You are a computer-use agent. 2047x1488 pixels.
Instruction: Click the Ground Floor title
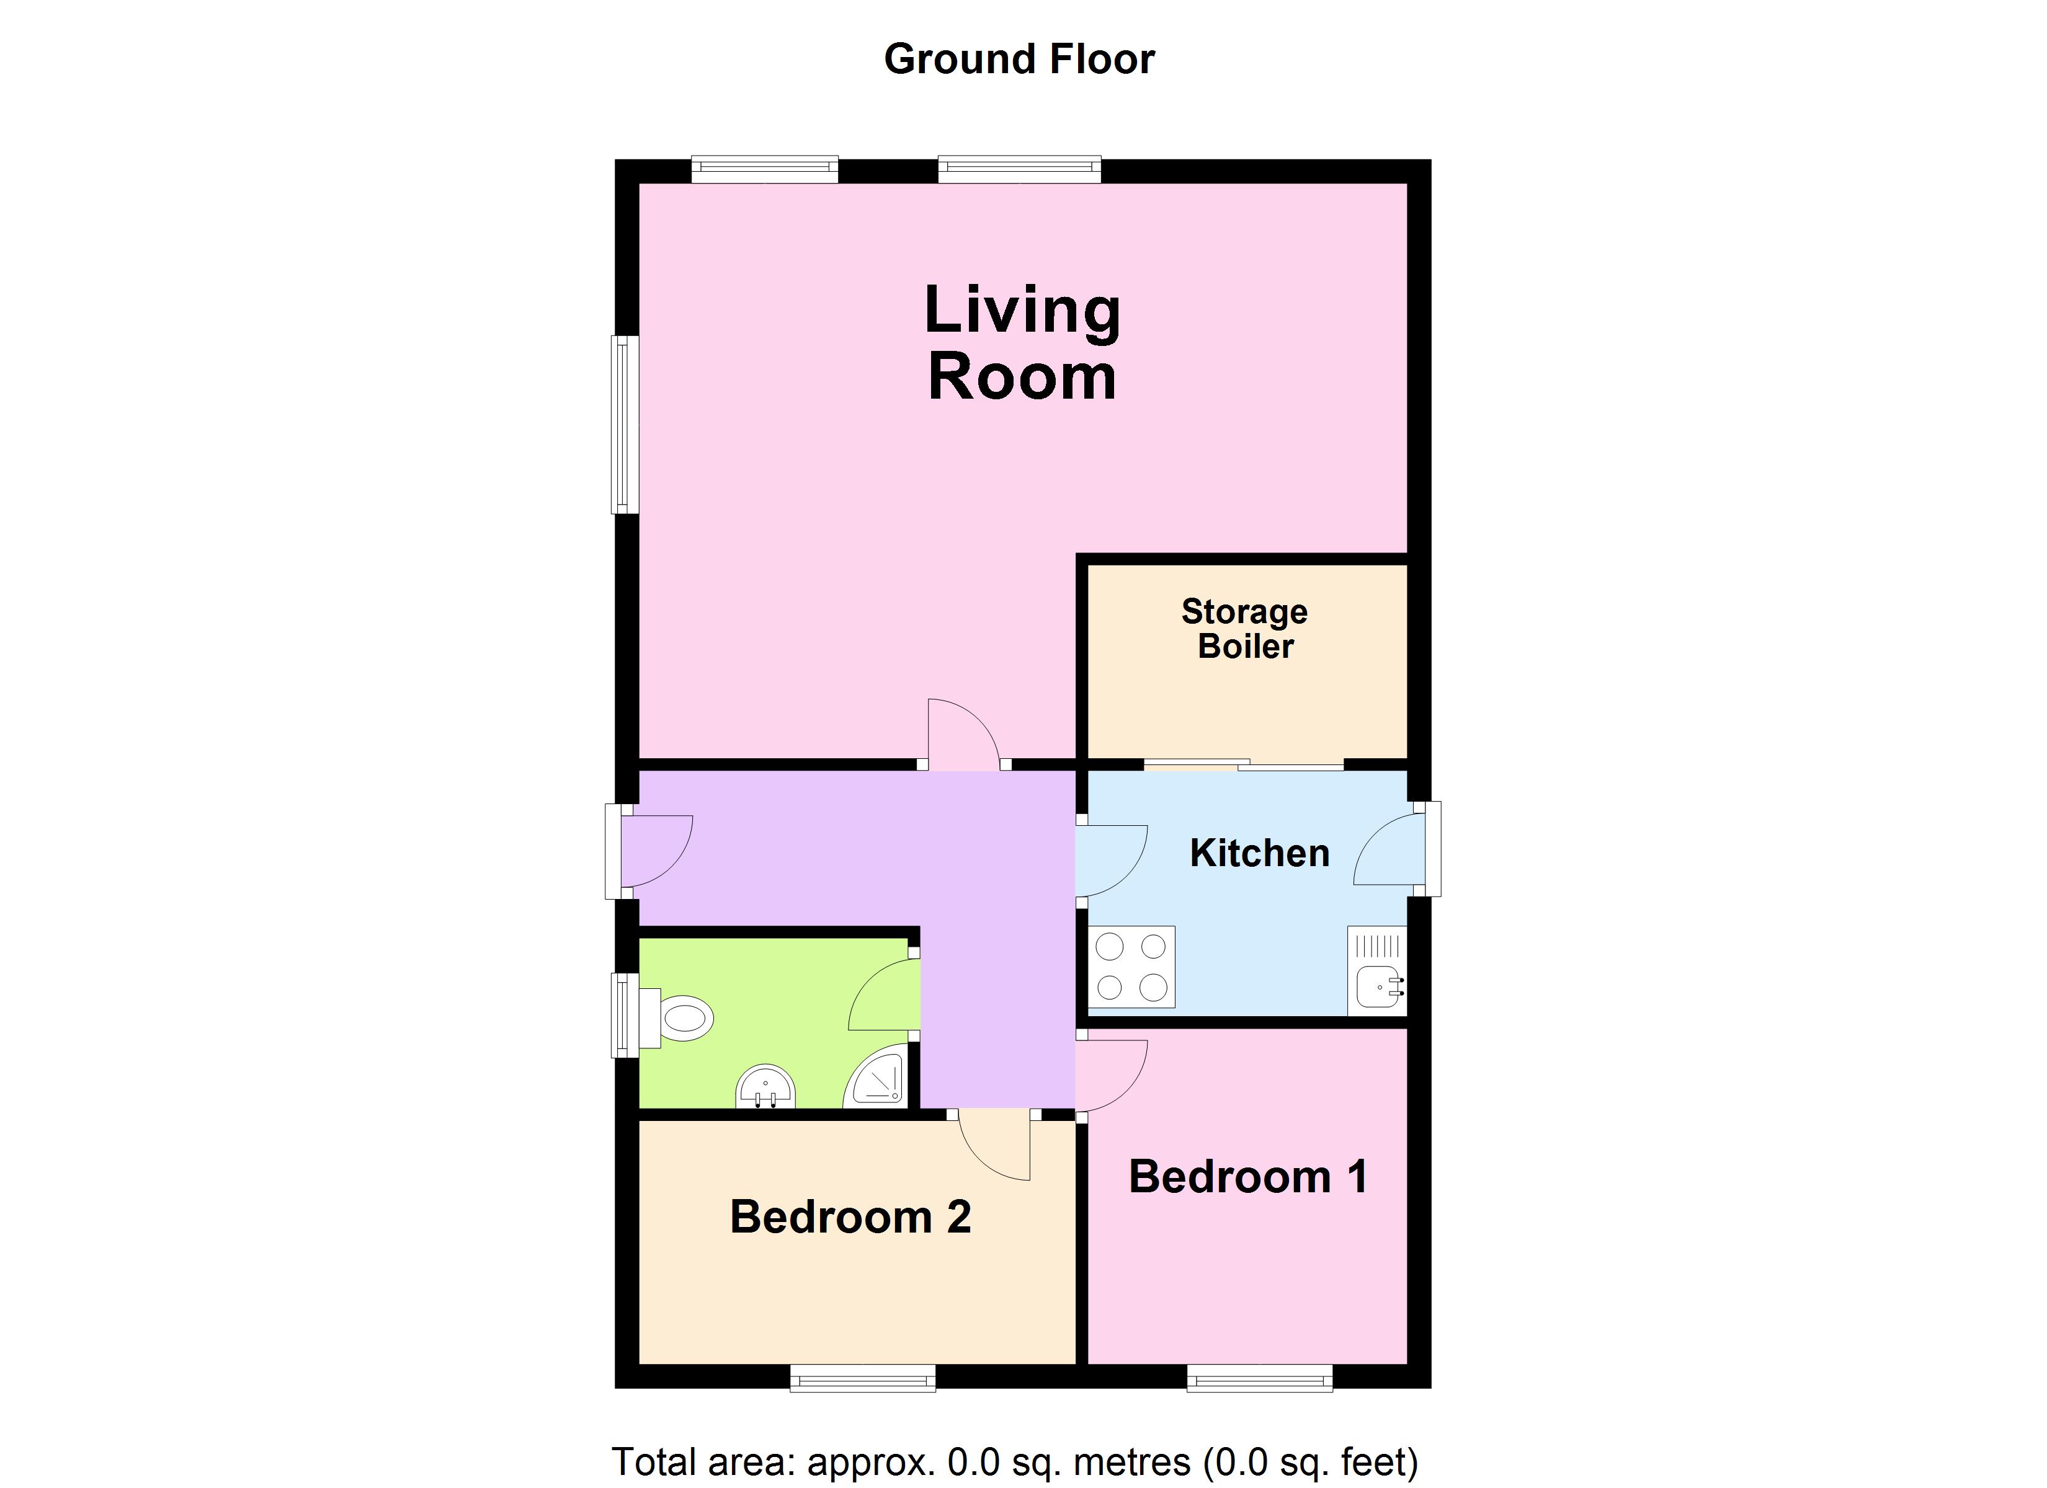click(x=1019, y=60)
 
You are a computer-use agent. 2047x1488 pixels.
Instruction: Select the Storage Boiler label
click(x=1244, y=629)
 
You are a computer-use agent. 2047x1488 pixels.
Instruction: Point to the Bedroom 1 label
click(x=1247, y=1177)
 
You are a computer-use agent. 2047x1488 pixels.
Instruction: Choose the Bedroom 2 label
click(x=850, y=1216)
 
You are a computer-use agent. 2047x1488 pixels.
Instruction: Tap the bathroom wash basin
click(x=765, y=1088)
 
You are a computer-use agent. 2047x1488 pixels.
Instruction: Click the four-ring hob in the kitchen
click(x=1131, y=967)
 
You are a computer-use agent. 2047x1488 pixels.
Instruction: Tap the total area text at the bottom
click(x=1014, y=1462)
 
